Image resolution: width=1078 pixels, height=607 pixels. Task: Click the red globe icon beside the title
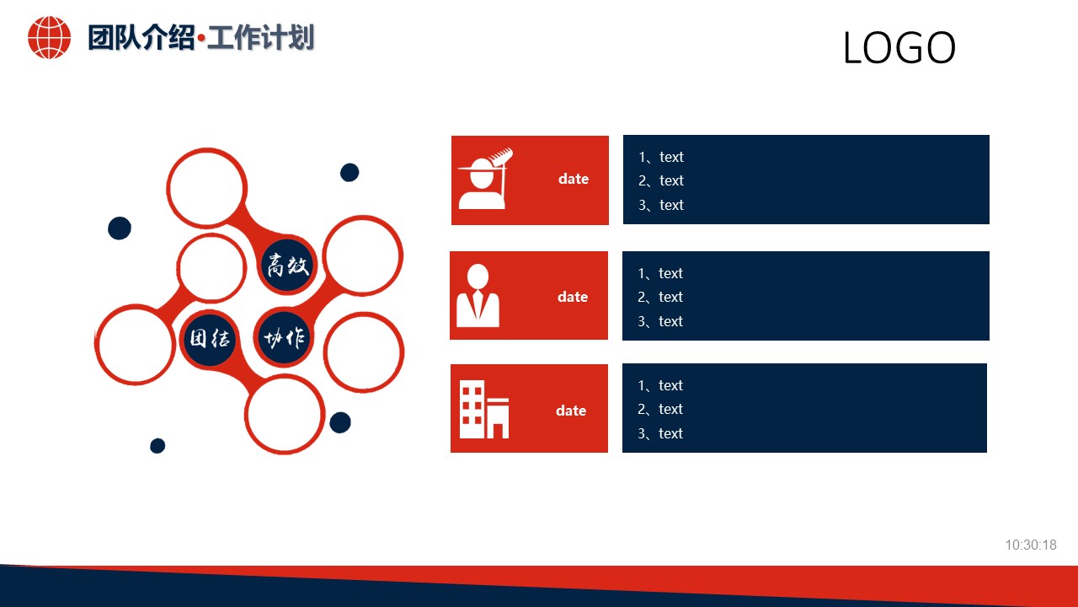49,38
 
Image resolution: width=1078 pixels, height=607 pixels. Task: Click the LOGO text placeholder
899,48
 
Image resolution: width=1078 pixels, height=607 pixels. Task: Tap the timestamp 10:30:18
1030,545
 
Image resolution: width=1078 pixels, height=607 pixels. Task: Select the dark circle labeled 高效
288,266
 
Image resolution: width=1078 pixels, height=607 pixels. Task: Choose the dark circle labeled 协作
284,339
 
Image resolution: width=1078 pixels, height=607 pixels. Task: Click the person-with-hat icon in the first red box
484,179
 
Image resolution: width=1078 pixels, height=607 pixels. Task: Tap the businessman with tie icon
478,296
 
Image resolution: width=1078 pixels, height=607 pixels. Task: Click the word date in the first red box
573,179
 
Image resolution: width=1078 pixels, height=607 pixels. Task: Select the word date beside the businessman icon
572,297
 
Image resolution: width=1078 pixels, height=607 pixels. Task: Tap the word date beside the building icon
570,411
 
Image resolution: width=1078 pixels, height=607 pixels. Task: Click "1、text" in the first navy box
660,157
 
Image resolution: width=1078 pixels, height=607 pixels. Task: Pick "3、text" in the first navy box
660,205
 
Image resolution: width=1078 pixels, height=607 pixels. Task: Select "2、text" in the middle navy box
659,297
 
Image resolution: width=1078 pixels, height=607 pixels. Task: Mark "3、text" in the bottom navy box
659,433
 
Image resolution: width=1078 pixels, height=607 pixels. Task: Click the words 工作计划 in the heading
260,38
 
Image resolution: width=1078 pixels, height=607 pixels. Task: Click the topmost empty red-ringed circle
206,188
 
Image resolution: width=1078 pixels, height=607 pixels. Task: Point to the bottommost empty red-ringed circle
285,414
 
